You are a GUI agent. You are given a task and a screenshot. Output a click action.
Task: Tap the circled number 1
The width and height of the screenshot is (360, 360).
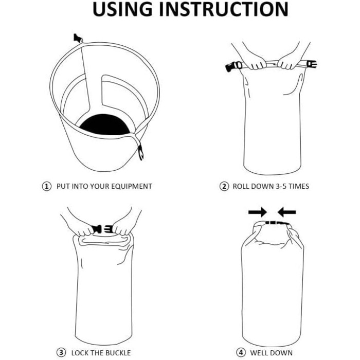click(47, 186)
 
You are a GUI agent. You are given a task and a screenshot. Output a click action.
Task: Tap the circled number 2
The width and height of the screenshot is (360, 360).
click(224, 186)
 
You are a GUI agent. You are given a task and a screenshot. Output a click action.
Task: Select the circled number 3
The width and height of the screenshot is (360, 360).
click(61, 353)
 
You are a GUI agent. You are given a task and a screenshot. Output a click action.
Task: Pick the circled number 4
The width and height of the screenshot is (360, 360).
click(241, 353)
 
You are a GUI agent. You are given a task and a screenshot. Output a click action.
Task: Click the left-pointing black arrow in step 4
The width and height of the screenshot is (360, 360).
click(286, 211)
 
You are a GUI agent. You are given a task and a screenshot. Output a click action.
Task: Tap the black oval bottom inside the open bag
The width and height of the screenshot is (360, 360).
click(105, 124)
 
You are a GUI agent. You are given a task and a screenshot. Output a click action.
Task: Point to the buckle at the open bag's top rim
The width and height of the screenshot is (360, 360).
click(78, 38)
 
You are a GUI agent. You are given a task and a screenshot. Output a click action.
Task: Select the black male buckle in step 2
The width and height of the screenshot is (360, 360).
click(234, 66)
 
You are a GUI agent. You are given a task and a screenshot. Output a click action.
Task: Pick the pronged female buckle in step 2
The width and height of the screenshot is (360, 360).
click(311, 64)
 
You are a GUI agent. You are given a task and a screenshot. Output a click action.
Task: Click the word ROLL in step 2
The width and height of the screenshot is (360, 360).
click(242, 186)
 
